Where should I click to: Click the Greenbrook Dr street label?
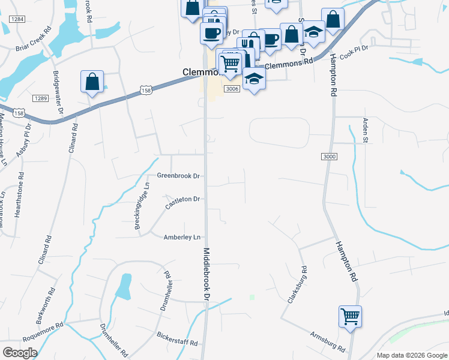point(178,176)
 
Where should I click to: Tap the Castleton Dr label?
point(182,202)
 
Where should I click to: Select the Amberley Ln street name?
point(182,238)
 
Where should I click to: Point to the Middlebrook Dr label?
point(207,275)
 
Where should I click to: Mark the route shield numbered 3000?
point(330,157)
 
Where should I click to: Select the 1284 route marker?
point(17,19)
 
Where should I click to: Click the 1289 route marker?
point(41,98)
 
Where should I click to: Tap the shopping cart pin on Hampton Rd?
point(350,316)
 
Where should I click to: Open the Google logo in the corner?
point(20,353)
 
